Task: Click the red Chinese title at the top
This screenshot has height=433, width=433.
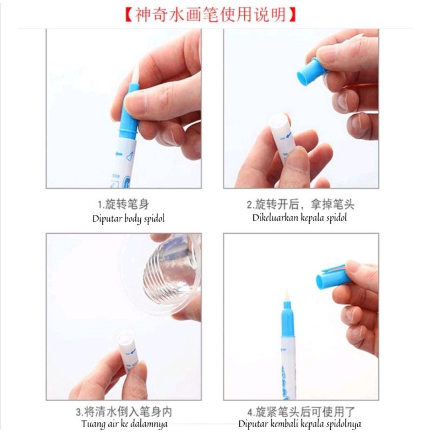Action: (211, 15)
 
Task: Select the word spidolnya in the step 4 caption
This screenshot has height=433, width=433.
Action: (343, 424)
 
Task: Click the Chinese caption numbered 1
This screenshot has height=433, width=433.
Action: (123, 205)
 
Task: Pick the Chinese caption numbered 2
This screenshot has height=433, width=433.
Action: (300, 205)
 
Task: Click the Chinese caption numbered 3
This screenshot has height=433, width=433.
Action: (124, 412)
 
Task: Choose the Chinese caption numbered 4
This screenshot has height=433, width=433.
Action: (301, 412)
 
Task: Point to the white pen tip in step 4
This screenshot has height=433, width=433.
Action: (286, 296)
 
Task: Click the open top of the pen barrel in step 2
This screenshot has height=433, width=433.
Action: (279, 121)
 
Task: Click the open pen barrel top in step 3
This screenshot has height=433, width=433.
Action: (126, 339)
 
